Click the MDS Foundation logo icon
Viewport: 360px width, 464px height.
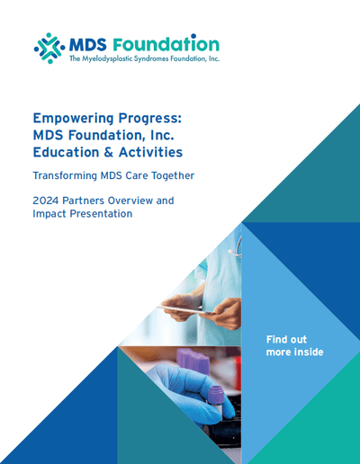click(x=49, y=48)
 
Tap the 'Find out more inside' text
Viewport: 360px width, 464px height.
click(x=294, y=345)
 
